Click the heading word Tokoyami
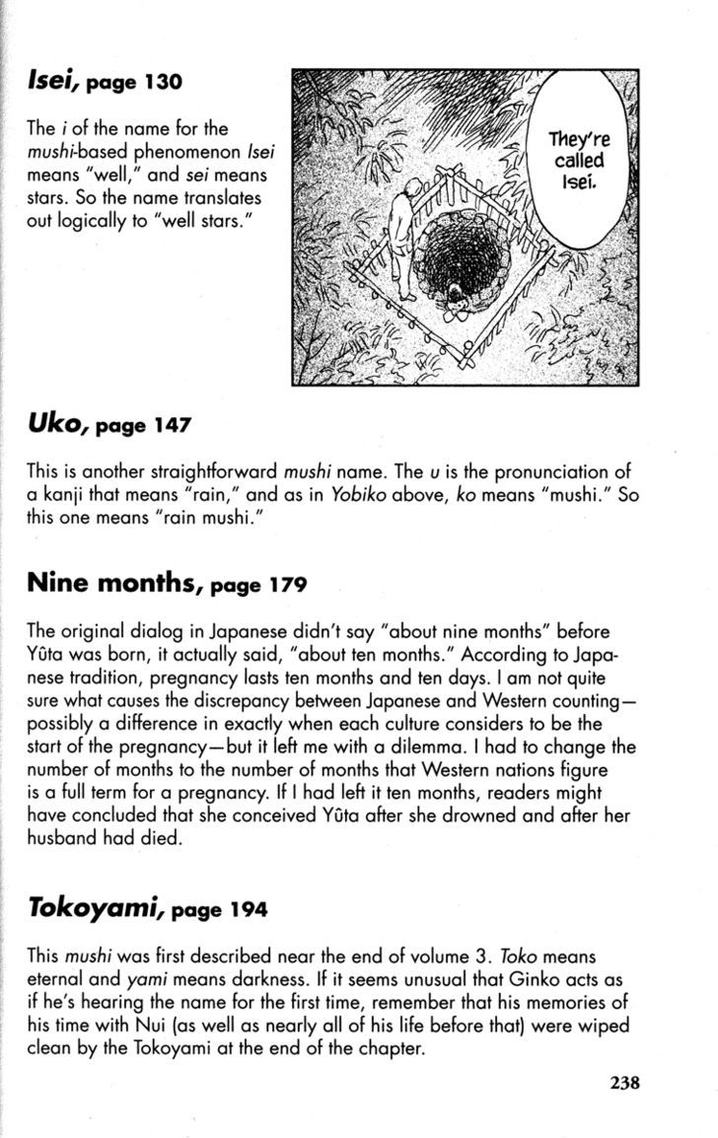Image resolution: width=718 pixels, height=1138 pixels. click(x=94, y=908)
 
